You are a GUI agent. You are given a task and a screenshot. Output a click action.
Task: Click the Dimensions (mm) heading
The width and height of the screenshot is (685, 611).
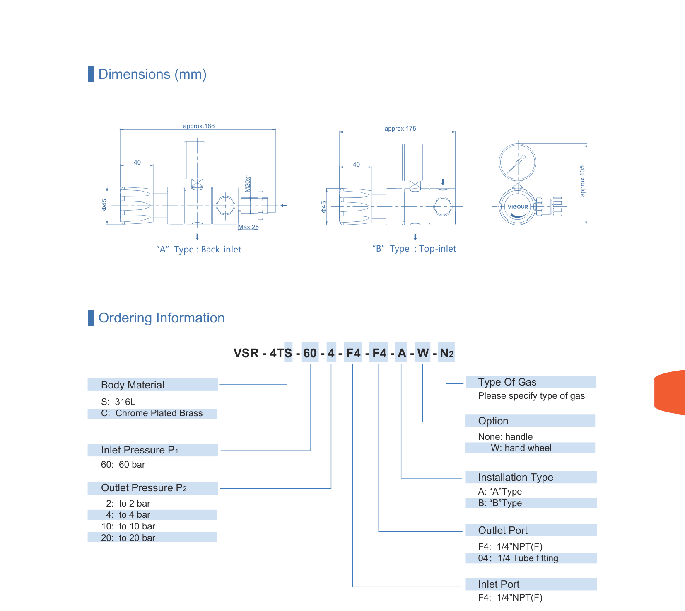152,74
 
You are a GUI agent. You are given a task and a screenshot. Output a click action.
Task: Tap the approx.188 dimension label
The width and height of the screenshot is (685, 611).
199,126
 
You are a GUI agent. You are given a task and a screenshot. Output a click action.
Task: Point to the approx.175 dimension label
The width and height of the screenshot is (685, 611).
400,129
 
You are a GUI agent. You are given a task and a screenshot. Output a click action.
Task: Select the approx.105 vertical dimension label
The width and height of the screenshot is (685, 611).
582,181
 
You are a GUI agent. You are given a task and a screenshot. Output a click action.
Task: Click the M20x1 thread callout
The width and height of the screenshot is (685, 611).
248,183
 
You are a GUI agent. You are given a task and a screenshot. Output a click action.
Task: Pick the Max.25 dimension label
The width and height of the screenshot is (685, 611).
248,227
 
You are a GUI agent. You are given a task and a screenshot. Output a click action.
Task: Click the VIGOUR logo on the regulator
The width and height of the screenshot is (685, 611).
518,206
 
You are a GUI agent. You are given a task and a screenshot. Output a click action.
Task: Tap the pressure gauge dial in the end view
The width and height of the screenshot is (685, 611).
518,162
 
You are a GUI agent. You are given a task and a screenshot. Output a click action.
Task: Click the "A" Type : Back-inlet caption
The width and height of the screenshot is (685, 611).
198,250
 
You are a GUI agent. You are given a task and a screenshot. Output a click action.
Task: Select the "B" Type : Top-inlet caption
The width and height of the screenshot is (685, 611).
414,249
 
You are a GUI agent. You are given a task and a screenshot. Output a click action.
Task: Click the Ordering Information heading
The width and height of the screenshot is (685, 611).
162,318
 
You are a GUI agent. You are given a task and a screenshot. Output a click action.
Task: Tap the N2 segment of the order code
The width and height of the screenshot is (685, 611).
446,353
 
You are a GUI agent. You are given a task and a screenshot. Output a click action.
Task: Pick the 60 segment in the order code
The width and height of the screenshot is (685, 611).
310,353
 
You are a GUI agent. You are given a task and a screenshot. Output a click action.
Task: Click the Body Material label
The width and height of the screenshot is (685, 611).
133,385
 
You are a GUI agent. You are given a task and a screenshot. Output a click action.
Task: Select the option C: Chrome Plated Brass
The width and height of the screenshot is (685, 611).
152,413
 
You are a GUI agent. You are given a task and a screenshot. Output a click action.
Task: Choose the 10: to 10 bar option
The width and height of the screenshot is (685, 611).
128,526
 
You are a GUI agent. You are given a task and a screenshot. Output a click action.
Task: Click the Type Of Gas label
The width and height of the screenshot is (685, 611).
507,382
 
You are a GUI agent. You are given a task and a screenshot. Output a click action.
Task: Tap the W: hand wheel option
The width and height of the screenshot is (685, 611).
521,448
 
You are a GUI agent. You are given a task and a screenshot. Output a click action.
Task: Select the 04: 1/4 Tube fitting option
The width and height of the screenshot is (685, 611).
518,558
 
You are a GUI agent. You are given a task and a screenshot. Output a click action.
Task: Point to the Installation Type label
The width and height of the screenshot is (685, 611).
516,478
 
